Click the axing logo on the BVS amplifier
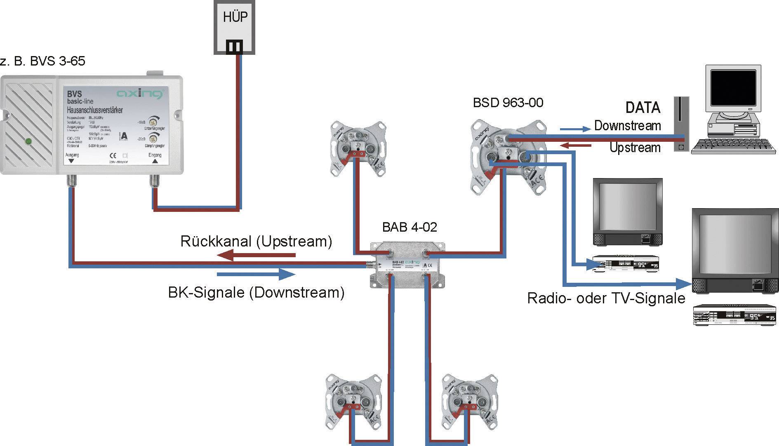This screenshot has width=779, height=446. coord(139,94)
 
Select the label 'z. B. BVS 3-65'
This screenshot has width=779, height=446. coord(42,61)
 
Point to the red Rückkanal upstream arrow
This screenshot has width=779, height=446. coord(256,256)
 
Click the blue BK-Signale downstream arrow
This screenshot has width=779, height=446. coord(256,274)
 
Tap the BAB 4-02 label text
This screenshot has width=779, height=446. coord(409,227)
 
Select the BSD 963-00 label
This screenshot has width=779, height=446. coord(508,103)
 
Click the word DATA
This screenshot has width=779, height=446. coord(642,108)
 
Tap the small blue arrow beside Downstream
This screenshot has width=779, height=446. coord(575,129)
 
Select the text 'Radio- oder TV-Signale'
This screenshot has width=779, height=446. coord(606,298)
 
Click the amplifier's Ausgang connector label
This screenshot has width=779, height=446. coord(72,155)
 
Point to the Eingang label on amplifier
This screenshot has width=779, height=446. coord(155,155)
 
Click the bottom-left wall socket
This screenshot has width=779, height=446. coord(353,403)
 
